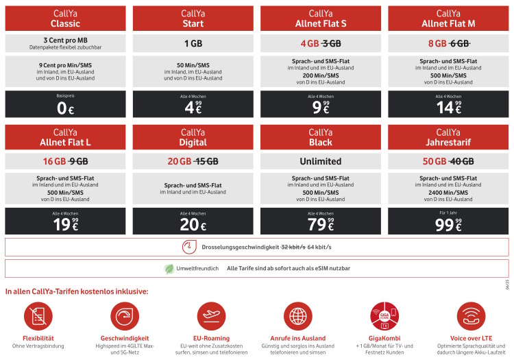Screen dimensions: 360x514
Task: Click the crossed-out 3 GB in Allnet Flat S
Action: point(332,43)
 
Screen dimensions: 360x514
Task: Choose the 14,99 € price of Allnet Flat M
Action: point(448,107)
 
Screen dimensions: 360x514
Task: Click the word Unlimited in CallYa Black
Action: point(320,162)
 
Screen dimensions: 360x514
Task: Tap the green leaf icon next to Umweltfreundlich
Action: point(169,268)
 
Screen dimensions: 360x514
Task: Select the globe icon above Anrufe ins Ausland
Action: point(297,317)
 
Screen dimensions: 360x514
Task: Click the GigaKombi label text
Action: point(384,338)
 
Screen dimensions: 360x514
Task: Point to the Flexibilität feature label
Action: point(38,338)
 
